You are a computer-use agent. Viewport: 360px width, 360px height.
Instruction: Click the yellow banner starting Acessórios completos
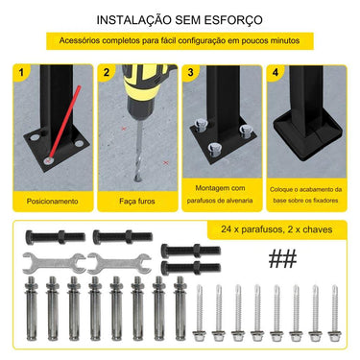tap(180, 41)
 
